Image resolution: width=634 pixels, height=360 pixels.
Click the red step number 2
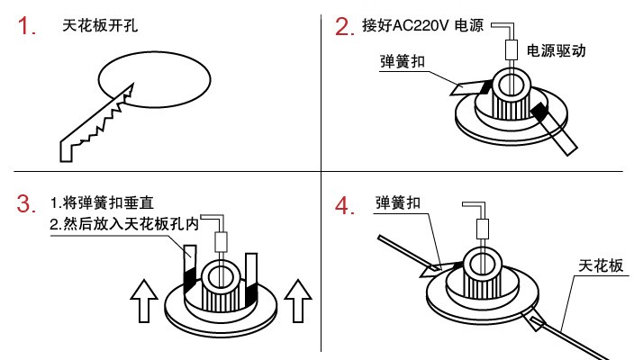pyautogui.click(x=343, y=27)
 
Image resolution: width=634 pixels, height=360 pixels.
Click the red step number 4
pyautogui.click(x=343, y=206)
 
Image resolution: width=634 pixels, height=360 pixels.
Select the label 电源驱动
pyautogui.click(x=557, y=51)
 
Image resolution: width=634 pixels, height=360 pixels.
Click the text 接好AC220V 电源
pyautogui.click(x=423, y=26)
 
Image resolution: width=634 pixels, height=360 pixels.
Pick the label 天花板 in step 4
pyautogui.click(x=600, y=266)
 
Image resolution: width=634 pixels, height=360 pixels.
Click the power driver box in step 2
pyautogui.click(x=510, y=50)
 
